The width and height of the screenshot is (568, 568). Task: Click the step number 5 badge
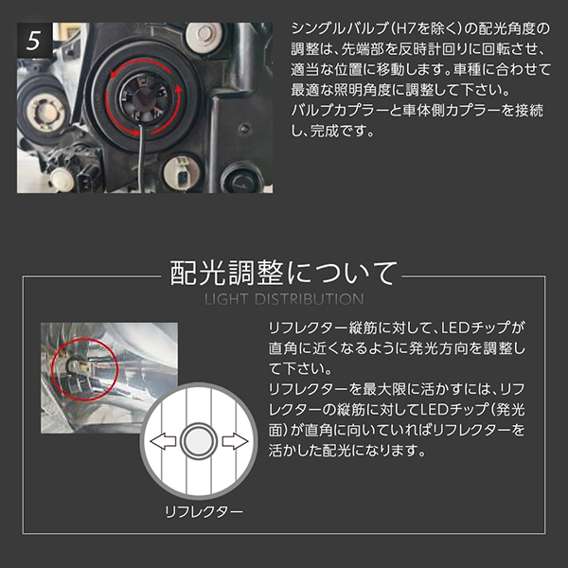(x=34, y=40)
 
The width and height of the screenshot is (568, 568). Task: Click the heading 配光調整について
(x=284, y=274)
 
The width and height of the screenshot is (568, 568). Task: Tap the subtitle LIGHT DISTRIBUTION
(x=284, y=299)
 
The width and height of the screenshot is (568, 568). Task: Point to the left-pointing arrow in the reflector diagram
(x=163, y=441)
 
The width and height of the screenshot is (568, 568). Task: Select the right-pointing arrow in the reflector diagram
(x=236, y=441)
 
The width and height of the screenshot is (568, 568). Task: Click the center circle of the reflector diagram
(x=199, y=441)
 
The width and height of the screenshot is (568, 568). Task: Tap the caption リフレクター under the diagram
(x=204, y=511)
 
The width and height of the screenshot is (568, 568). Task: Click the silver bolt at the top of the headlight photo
(x=204, y=36)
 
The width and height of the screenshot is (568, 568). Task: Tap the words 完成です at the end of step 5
(x=342, y=132)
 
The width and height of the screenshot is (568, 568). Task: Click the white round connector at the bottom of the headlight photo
(x=182, y=173)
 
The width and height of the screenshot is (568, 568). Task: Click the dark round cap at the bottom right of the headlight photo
(x=243, y=178)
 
